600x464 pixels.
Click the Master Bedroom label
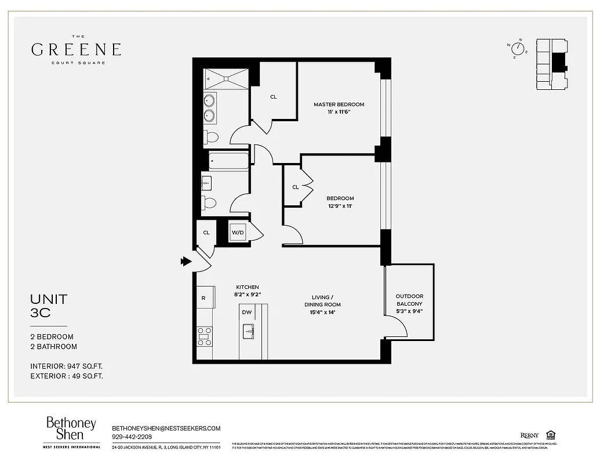point(339,104)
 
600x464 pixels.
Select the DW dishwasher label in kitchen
point(247,312)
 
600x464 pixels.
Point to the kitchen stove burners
point(205,336)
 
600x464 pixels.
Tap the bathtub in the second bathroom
point(228,161)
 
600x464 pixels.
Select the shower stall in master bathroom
point(226,79)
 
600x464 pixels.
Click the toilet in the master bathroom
point(210,137)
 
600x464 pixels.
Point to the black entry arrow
point(186,262)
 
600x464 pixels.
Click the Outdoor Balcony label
point(409,300)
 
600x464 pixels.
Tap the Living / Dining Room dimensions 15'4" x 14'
point(322,312)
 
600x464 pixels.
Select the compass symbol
point(517,49)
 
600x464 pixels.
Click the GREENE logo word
point(76,49)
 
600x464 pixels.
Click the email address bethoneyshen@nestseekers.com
point(166,428)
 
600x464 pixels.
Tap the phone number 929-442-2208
point(132,437)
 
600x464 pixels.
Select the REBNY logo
point(529,436)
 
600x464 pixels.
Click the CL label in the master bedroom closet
point(274,97)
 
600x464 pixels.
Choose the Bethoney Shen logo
point(71,429)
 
